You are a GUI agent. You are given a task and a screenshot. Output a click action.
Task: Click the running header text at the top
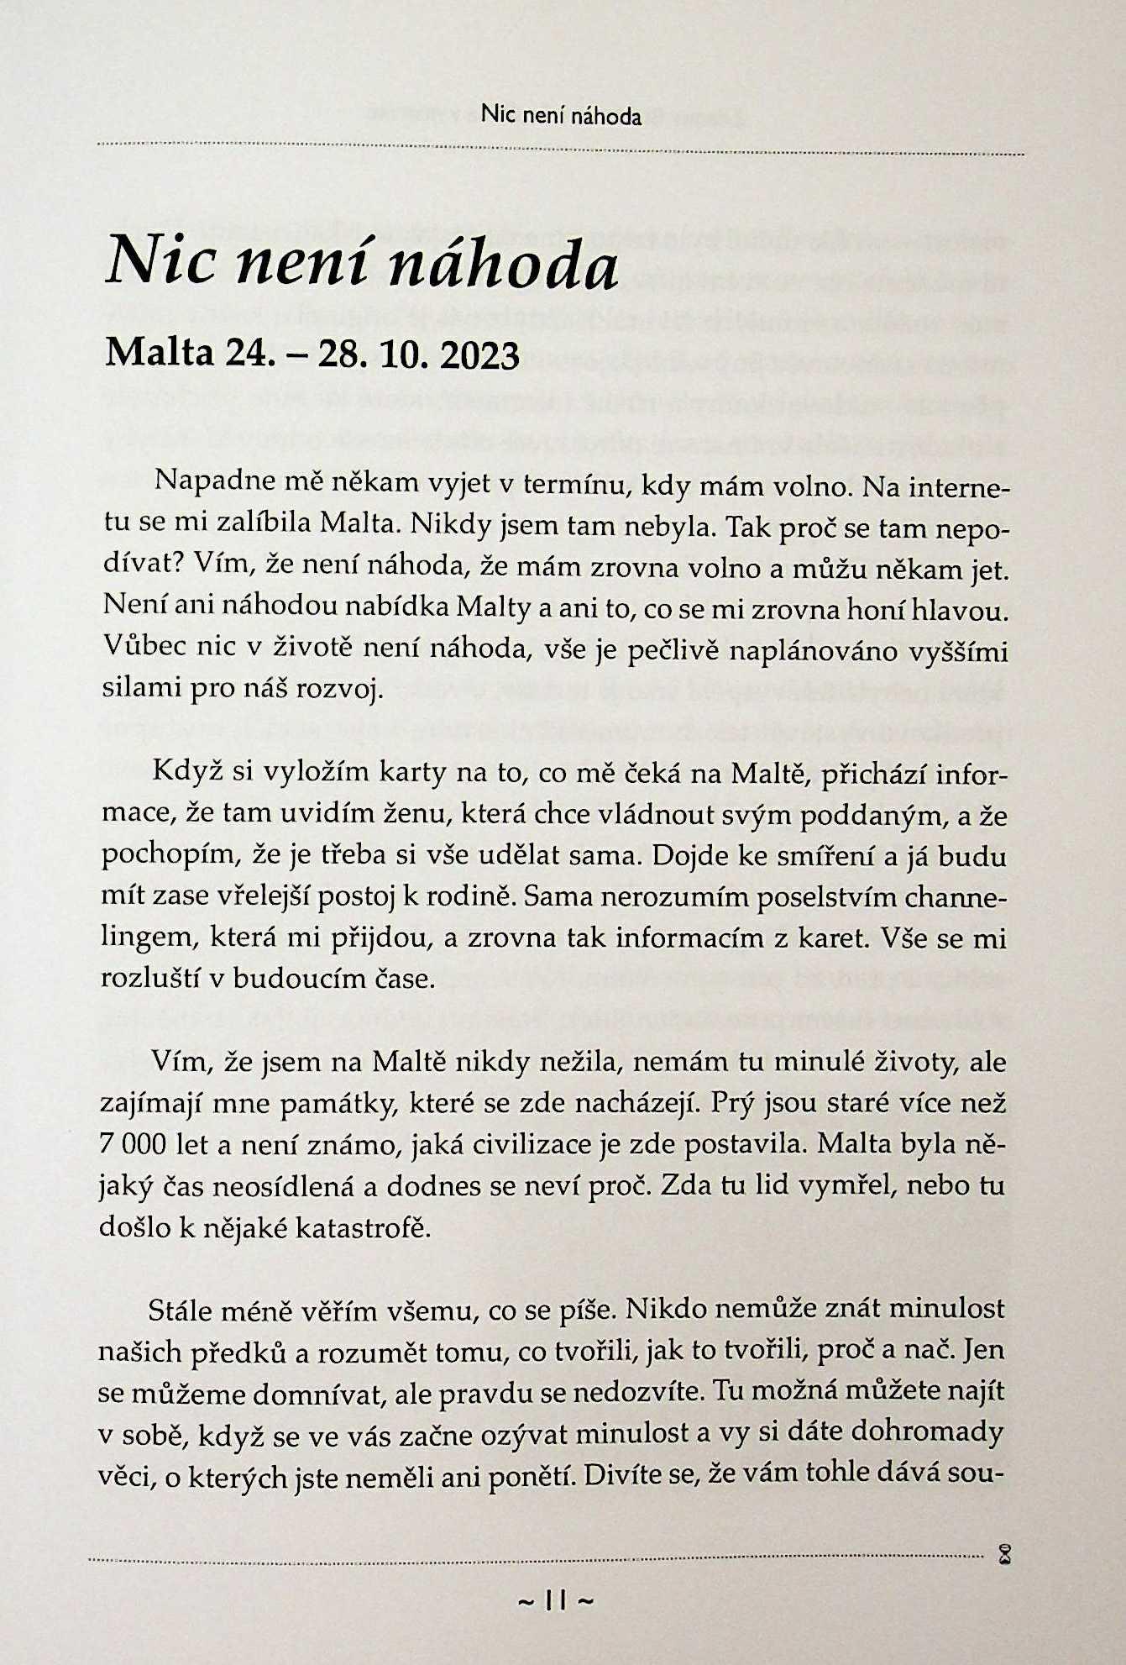click(x=562, y=116)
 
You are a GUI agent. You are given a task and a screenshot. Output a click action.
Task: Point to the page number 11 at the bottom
click(x=557, y=1601)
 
